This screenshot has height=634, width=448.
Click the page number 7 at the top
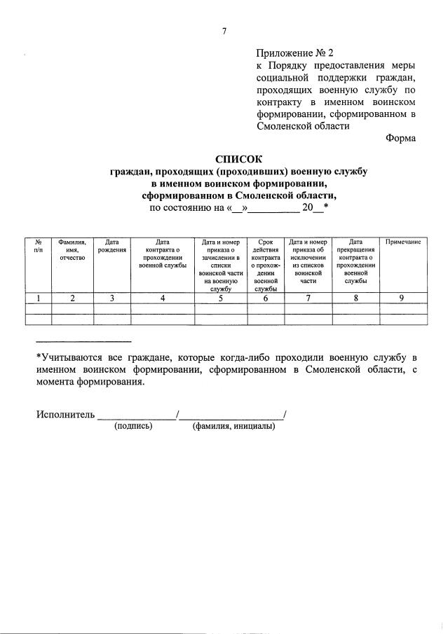coord(224,30)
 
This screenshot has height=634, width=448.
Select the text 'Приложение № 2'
coord(296,53)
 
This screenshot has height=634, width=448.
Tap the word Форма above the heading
coord(400,138)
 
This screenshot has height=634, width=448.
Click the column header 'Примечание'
coord(403,242)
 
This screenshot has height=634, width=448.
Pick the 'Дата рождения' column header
coord(111,245)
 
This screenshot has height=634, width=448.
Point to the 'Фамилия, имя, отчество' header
coord(72,250)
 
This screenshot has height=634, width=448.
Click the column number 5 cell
coord(219,298)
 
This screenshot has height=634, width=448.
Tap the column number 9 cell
coord(402,298)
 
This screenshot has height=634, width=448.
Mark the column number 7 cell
coord(308,298)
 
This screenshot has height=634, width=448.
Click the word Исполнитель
coord(65,415)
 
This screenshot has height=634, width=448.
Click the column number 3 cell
coord(111,298)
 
